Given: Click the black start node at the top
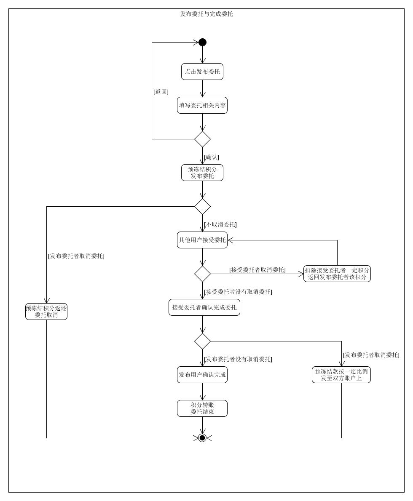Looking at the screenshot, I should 202,42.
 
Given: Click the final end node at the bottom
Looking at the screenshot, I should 202,438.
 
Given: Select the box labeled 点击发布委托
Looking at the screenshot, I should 202,72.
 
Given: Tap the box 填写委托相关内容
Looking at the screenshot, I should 202,105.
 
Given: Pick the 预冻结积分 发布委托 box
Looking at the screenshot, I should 202,173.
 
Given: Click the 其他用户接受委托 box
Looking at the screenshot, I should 202,240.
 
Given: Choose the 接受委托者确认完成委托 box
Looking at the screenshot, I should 204,307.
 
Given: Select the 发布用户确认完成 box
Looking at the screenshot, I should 202,375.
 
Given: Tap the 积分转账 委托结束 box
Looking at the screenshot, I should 202,408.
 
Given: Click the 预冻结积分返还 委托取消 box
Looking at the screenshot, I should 46,312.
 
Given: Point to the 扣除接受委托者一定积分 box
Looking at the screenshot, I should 337,274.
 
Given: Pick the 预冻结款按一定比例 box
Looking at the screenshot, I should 341,375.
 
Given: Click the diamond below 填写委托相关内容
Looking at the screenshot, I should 202,139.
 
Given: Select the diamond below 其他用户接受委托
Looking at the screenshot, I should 202,274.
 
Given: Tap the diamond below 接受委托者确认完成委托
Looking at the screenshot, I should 202,341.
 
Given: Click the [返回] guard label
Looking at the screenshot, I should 161,92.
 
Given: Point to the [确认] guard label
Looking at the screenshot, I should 212,157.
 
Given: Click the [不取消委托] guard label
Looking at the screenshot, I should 220,224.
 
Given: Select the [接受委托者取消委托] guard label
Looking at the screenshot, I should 257,270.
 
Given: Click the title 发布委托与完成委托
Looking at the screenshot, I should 206,14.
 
